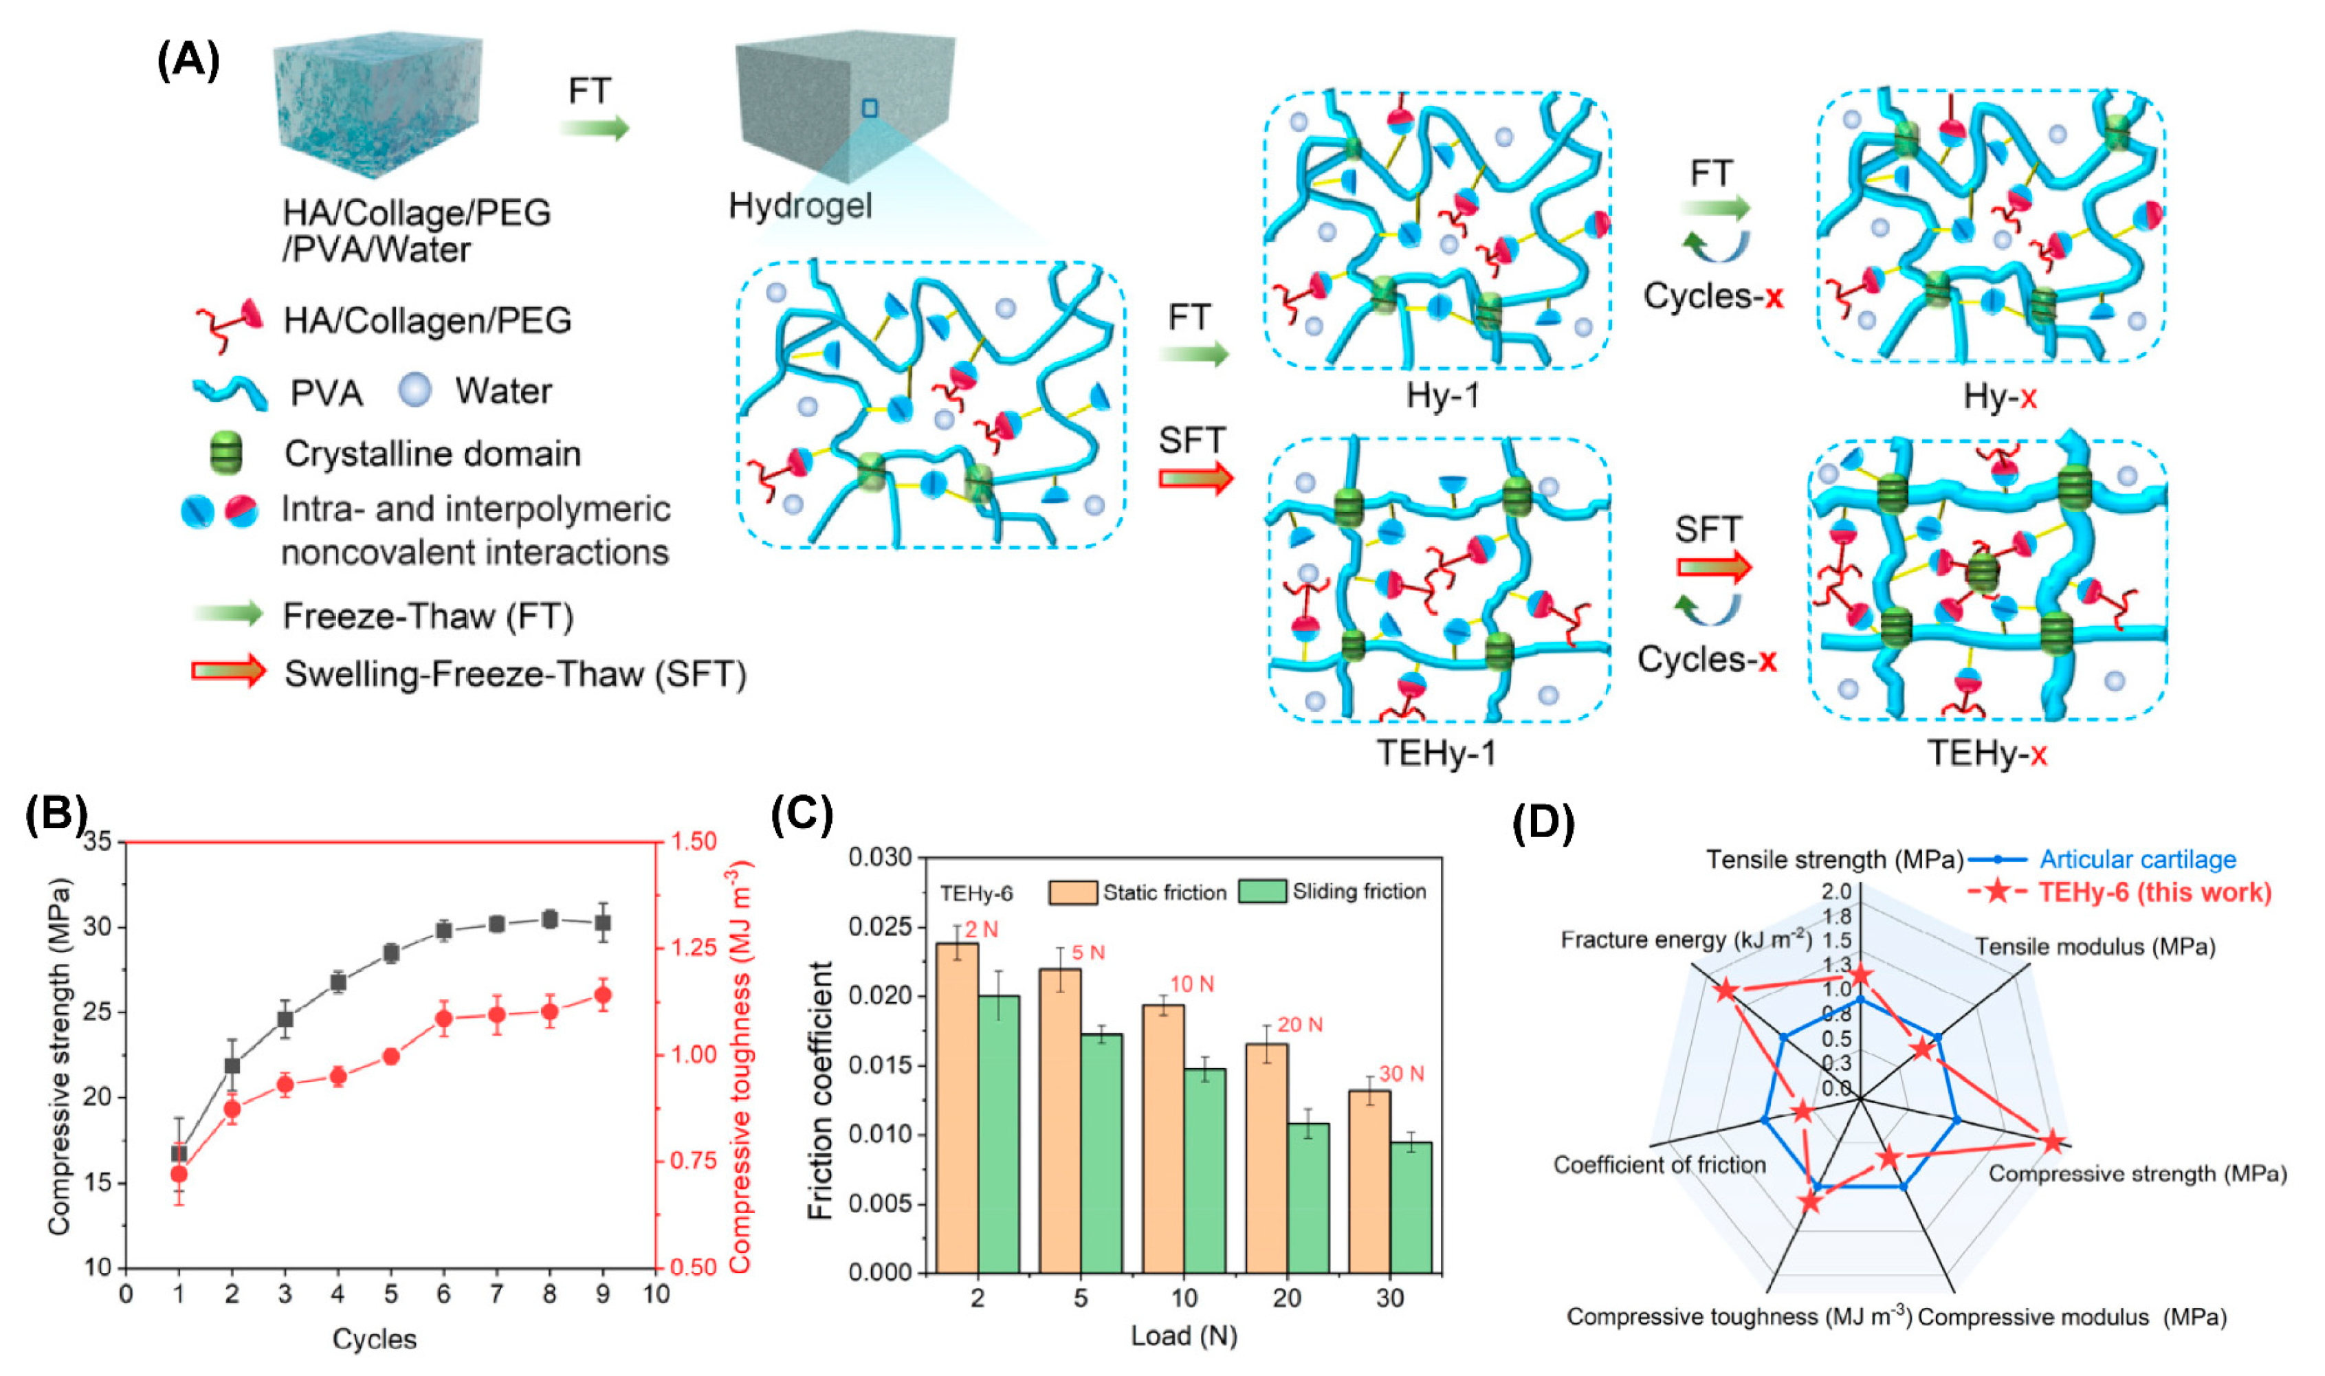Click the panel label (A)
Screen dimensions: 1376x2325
coord(188,61)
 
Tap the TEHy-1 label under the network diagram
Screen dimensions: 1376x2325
coord(1435,753)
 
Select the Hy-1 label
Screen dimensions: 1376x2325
coord(1443,396)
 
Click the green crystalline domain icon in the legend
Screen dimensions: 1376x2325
coord(226,454)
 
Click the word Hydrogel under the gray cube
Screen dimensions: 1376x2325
coord(800,205)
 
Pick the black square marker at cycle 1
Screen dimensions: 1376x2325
coord(179,1153)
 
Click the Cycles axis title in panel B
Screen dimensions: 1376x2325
coord(375,1339)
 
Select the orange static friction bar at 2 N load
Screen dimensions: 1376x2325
coord(957,1107)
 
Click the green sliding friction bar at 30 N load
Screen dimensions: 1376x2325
coord(1411,1207)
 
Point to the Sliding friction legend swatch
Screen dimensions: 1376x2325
coord(1262,891)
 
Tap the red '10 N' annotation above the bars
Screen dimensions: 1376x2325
coord(1191,984)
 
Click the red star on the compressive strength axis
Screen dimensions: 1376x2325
coord(2053,1142)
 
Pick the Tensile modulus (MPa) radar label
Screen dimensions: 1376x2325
coord(2095,946)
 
